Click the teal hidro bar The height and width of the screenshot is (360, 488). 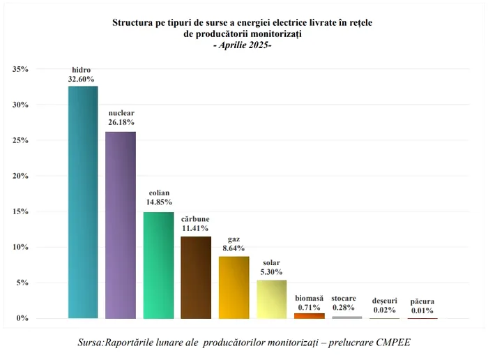click(82, 202)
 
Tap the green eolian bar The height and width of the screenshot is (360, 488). click(158, 265)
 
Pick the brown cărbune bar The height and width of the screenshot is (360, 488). click(196, 277)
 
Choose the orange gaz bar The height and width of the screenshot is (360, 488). click(234, 287)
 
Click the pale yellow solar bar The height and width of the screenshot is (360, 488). click(271, 299)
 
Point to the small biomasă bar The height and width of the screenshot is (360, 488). click(309, 316)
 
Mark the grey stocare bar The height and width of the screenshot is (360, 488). click(346, 317)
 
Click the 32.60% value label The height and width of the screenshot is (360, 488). click(82, 80)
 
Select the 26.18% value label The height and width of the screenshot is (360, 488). click(121, 122)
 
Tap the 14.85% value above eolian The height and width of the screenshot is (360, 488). click(159, 202)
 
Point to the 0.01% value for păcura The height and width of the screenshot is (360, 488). click(422, 310)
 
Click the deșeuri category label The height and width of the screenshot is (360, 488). click(385, 300)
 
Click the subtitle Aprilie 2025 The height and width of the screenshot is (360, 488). click(242, 45)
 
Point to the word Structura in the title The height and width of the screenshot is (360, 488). click(135, 22)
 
